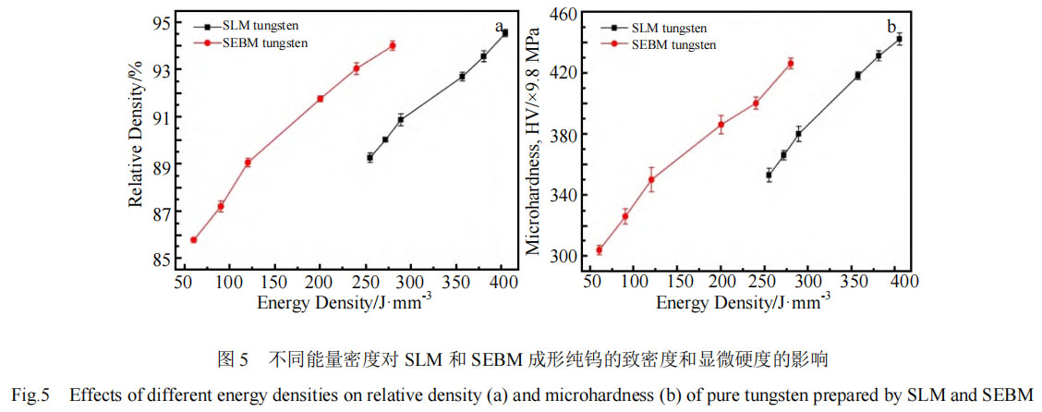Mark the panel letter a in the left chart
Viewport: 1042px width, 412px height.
pyautogui.click(x=499, y=26)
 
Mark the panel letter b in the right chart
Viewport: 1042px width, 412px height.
pyautogui.click(x=891, y=26)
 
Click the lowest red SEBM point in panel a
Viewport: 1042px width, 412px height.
pyautogui.click(x=194, y=240)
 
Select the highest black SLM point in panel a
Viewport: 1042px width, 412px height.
pyautogui.click(x=504, y=33)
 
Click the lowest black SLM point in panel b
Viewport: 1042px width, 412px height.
pyautogui.click(x=769, y=175)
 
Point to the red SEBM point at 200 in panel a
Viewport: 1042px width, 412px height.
pyautogui.click(x=321, y=99)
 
